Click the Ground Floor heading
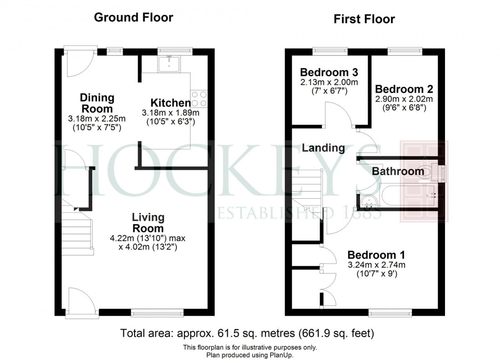133,18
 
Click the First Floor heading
364,19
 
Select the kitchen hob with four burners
200,98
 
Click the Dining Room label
97,103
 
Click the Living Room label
148,223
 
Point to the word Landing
323,147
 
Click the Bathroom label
398,172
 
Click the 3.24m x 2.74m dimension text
376,265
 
